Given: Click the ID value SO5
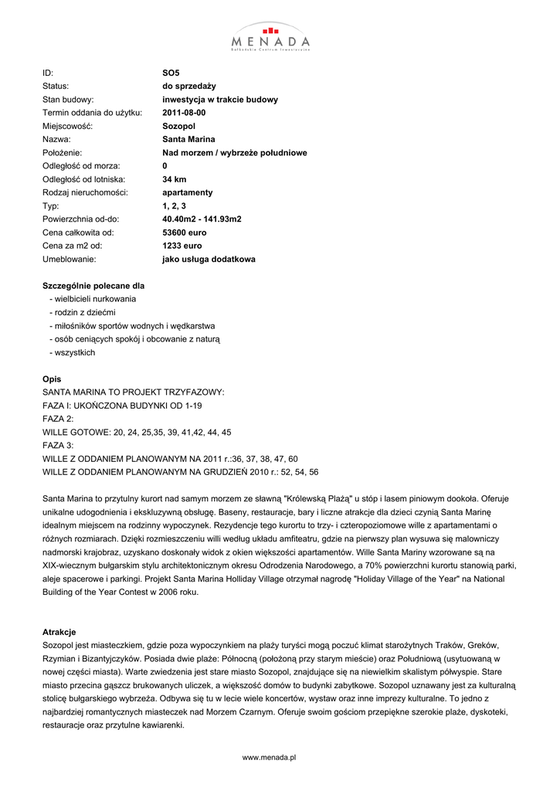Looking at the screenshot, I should coord(170,73).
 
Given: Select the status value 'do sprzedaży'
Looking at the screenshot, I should coord(188,87).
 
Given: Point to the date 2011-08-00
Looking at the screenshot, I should coord(184,113).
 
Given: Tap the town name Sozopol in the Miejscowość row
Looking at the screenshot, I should coord(178,126).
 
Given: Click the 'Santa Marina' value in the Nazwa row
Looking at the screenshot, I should coord(188,140).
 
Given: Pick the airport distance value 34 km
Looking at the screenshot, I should coord(175,179).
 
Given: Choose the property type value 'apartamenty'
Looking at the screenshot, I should coord(187,192).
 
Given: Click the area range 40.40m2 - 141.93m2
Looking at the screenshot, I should coord(202,219).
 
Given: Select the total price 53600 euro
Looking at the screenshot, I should coord(184,233).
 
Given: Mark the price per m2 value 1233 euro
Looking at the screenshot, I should coord(182,246).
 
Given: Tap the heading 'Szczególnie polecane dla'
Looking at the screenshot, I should coord(93,286).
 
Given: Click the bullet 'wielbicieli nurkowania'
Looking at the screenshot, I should coord(93,299).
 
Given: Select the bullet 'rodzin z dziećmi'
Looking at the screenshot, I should coord(82,312).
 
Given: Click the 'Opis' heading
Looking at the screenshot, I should coord(52,379).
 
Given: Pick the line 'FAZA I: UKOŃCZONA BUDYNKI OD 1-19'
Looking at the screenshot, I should coord(121,406).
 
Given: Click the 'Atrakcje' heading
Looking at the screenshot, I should coord(59,632).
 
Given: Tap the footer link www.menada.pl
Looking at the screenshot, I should coord(270,758).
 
